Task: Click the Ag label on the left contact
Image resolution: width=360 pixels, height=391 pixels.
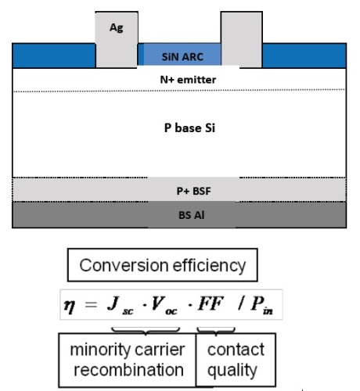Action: point(117,27)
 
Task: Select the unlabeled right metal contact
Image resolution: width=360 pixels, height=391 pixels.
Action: point(242,40)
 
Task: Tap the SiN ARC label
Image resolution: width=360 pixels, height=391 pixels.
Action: point(182,57)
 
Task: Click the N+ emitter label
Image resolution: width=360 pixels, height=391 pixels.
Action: point(188,80)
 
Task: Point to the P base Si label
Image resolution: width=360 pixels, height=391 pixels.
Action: point(189,127)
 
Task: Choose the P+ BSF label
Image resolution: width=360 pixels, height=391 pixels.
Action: point(193,191)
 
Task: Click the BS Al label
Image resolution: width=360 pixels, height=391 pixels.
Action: point(192,215)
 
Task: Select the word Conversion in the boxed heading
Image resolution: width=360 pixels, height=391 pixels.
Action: point(124,265)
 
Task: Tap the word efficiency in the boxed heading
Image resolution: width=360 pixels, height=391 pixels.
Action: point(209,266)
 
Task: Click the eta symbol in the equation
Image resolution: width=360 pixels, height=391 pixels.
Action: point(70,306)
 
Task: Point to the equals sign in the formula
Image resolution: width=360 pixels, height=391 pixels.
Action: point(91,304)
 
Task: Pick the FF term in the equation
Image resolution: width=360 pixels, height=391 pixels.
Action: point(211,303)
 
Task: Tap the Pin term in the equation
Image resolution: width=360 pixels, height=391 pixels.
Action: point(261,306)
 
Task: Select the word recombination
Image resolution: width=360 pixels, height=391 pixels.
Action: point(128,370)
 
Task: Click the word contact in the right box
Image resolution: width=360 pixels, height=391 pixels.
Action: point(236,350)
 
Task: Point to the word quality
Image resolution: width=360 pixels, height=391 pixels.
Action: point(232,371)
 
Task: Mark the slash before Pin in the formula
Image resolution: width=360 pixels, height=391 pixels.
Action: point(241,303)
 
